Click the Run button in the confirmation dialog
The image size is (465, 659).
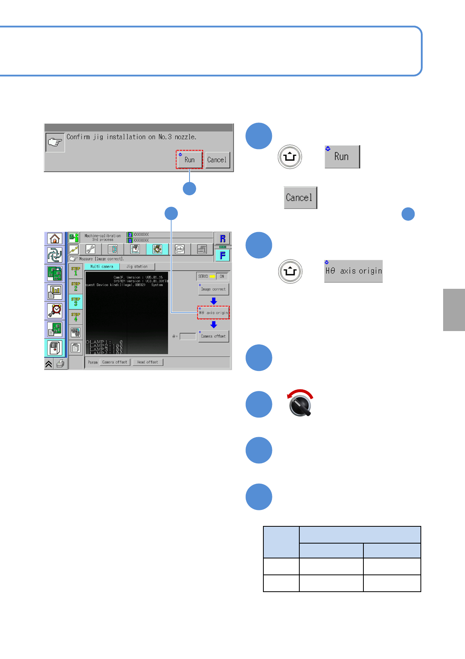point(190,160)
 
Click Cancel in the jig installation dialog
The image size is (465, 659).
point(217,160)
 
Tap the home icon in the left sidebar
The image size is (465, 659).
point(55,238)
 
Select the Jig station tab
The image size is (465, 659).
point(137,266)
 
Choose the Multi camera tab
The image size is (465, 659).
point(102,266)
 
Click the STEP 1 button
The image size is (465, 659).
point(76,271)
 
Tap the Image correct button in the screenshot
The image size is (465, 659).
point(213,289)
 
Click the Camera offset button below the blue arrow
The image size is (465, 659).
point(213,336)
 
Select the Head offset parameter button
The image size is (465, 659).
point(148,362)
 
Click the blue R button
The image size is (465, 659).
point(223,239)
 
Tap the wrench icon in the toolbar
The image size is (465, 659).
point(90,249)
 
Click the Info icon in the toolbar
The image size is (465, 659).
point(180,249)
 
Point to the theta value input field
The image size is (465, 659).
point(188,337)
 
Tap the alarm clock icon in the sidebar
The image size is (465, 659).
point(55,311)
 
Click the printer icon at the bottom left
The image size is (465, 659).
point(60,364)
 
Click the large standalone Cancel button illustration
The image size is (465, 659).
point(300,198)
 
